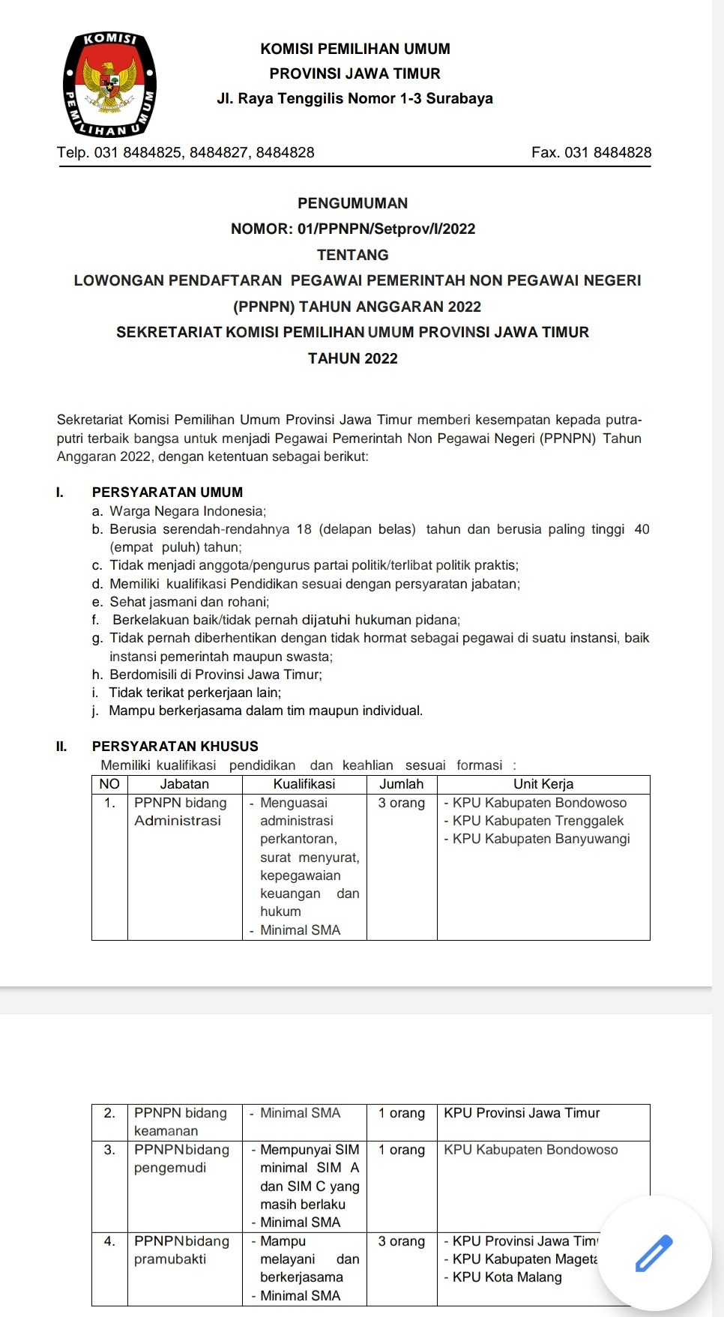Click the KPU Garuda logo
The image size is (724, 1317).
pyautogui.click(x=110, y=85)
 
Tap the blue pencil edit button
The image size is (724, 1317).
pyautogui.click(x=654, y=1253)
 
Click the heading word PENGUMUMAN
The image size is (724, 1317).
pyautogui.click(x=352, y=203)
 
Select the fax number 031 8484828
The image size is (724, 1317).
pyautogui.click(x=608, y=153)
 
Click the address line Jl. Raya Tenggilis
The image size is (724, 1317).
pyautogui.click(x=355, y=99)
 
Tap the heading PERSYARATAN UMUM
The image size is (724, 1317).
pyautogui.click(x=167, y=492)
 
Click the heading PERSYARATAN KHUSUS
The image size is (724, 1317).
pyautogui.click(x=175, y=747)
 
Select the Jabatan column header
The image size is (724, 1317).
pyautogui.click(x=184, y=784)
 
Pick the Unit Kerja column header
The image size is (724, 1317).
pyautogui.click(x=543, y=784)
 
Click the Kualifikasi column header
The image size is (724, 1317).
pyautogui.click(x=304, y=784)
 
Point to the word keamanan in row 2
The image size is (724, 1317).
pyautogui.click(x=166, y=1131)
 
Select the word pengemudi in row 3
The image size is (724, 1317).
pyautogui.click(x=169, y=1168)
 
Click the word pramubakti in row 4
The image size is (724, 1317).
pyautogui.click(x=169, y=1259)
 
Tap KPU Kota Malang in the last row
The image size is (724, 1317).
pyautogui.click(x=507, y=1277)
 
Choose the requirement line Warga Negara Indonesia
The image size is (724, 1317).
pyautogui.click(x=187, y=511)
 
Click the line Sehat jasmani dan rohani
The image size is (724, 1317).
pyautogui.click(x=189, y=602)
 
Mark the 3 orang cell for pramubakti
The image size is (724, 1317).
pyautogui.click(x=401, y=1241)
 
